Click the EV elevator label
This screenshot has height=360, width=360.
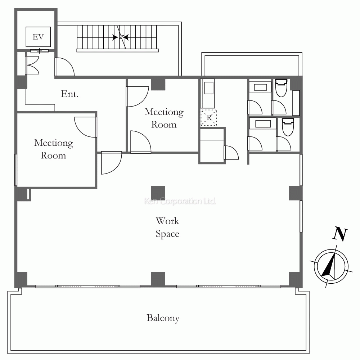point(38,37)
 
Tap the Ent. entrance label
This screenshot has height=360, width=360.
point(69,94)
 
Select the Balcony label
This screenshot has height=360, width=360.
point(163,318)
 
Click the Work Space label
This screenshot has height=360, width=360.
point(167,227)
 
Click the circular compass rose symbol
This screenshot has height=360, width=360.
point(331,266)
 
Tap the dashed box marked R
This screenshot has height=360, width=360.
point(209,118)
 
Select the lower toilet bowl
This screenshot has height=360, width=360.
point(288,127)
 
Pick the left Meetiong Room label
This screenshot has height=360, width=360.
point(54,149)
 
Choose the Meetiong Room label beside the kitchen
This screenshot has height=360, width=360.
point(164,118)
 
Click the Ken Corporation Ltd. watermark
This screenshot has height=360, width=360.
point(180,201)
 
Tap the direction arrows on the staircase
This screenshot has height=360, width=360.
point(121,37)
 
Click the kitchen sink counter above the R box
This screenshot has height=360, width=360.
point(208,94)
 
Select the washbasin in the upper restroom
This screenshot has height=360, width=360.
point(261,87)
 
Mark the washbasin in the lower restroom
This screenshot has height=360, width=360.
point(263,124)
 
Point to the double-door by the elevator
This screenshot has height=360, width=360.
point(32,65)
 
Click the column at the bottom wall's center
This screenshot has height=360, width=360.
point(158,279)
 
